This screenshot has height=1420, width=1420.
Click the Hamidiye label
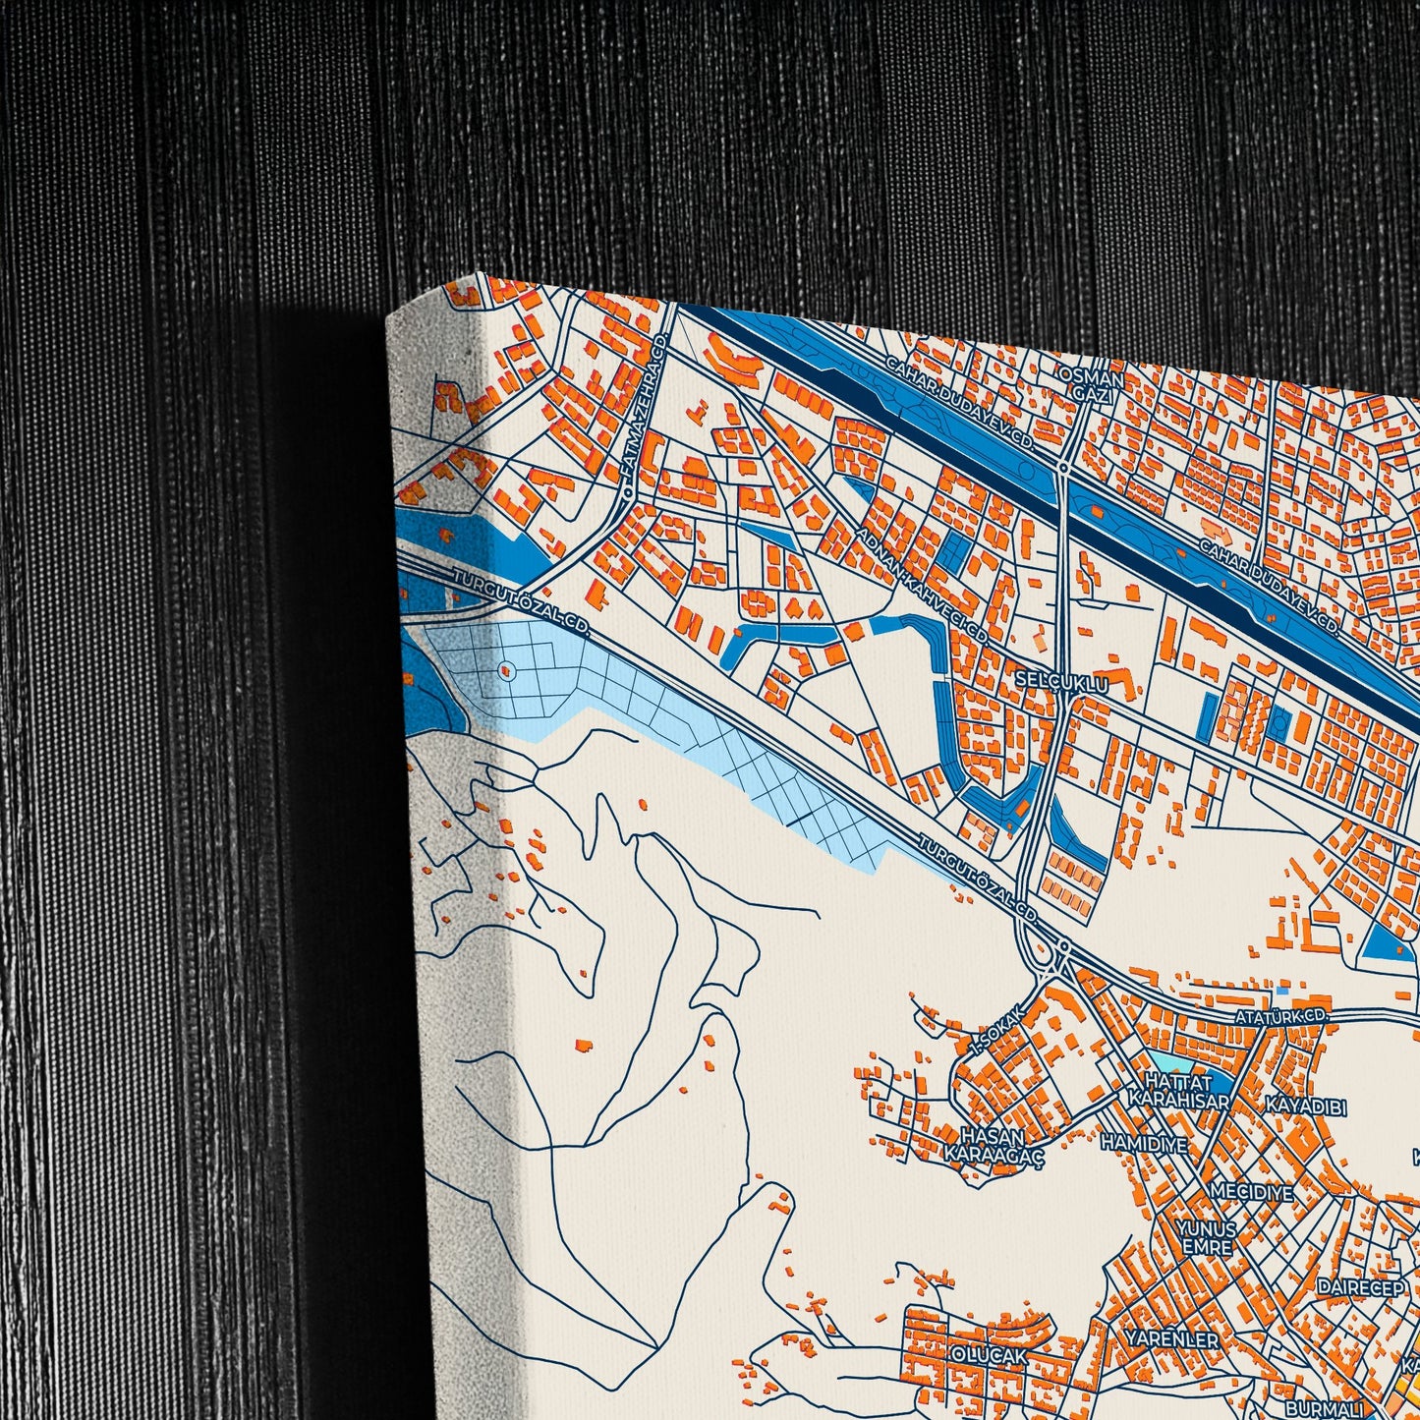pos(1144,1144)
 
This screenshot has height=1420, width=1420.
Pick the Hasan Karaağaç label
pos(994,1145)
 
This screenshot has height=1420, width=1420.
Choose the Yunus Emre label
pos(1207,1238)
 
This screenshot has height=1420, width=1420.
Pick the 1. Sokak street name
pos(997,1031)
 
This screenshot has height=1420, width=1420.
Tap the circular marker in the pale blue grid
pos(506,672)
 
